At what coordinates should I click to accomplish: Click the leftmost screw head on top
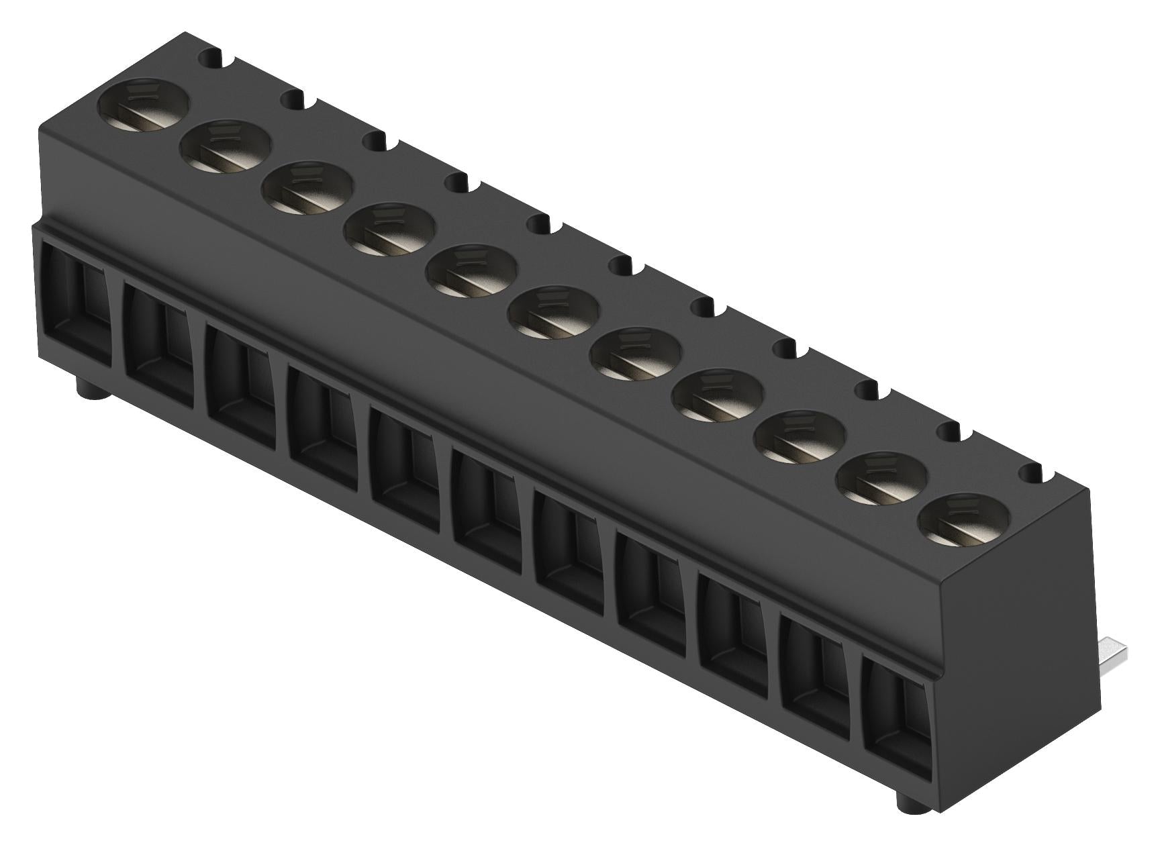tap(144, 107)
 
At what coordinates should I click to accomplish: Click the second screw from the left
tap(226, 149)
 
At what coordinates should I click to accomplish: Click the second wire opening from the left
tap(158, 356)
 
